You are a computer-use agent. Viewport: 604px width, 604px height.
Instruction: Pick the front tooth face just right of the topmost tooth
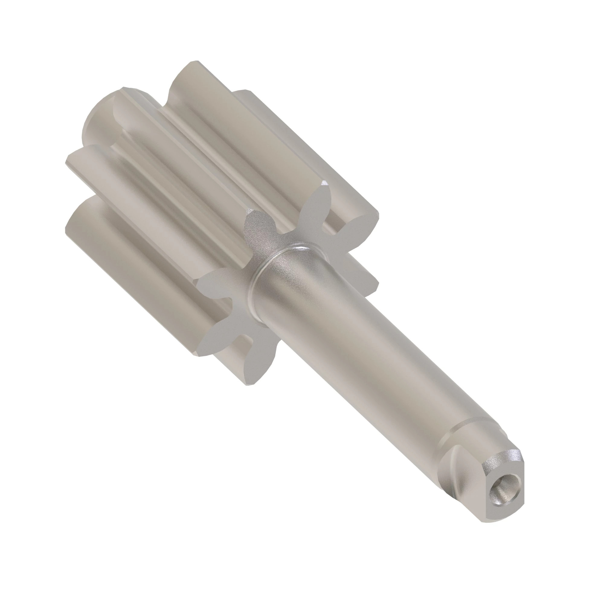tap(359, 225)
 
